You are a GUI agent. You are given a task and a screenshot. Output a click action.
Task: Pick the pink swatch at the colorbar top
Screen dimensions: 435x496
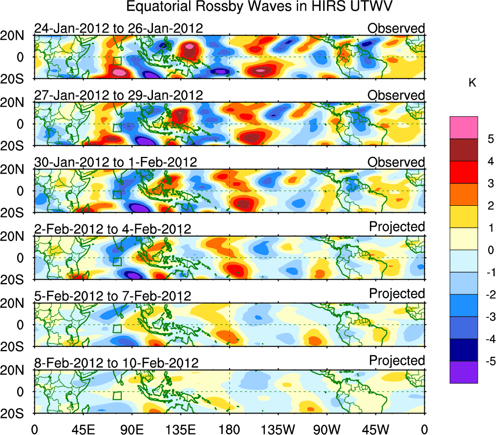(x=463, y=128)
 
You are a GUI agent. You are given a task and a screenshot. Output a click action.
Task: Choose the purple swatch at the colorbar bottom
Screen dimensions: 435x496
(x=463, y=372)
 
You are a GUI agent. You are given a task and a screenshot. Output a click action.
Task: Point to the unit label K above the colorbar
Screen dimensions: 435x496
(x=472, y=83)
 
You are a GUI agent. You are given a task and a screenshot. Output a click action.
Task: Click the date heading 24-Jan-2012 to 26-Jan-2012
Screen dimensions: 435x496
(x=118, y=28)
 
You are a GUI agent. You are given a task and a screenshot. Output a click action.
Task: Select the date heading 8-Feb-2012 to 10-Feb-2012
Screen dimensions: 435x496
(x=116, y=363)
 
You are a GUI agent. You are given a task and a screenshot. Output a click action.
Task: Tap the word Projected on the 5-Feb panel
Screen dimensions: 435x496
(x=397, y=294)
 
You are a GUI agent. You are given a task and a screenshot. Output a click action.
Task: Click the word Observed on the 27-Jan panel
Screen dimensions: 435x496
(x=396, y=95)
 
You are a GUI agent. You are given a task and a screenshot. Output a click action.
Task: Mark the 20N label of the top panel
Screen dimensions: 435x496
(x=17, y=36)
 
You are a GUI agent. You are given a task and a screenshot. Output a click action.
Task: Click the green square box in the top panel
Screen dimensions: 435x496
(x=117, y=61)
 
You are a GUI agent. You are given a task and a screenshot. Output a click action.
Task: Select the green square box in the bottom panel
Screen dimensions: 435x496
(x=117, y=395)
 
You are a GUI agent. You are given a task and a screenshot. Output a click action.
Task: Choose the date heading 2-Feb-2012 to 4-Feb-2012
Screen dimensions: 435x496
(x=112, y=229)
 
